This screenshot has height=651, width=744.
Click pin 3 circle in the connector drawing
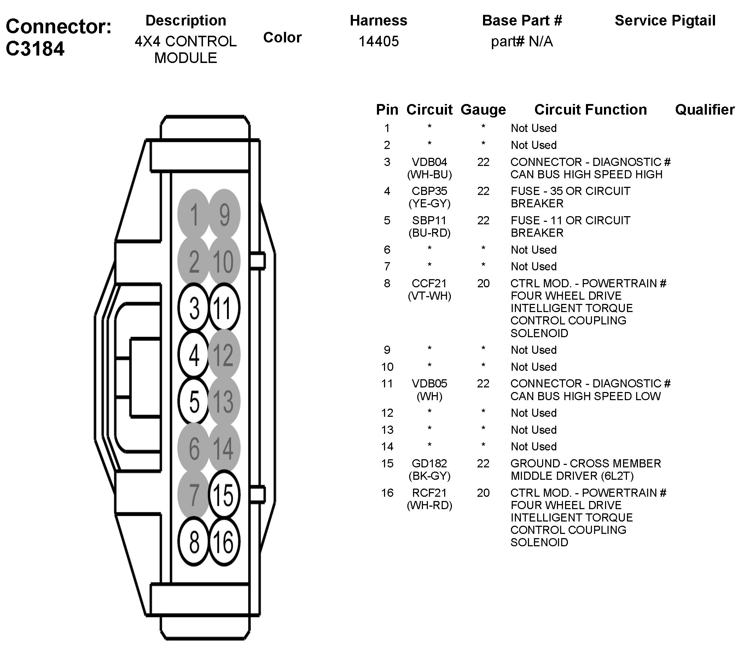click(193, 308)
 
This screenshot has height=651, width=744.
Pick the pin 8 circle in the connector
click(193, 542)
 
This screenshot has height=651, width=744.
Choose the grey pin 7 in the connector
click(193, 494)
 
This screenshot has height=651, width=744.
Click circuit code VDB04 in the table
click(429, 162)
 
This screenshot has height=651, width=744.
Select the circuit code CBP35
click(429, 191)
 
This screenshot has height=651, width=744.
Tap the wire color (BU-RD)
click(430, 233)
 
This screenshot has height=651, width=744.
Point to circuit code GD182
click(429, 463)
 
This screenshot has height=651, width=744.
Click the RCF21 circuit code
click(429, 493)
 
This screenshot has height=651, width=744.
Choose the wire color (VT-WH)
click(430, 296)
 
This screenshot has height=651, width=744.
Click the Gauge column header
click(483, 110)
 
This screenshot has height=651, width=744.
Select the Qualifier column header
click(705, 110)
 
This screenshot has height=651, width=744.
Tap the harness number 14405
click(379, 41)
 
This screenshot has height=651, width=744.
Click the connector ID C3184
click(35, 49)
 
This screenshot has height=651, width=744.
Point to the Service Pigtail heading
click(665, 21)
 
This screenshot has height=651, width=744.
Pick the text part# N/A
click(522, 42)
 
